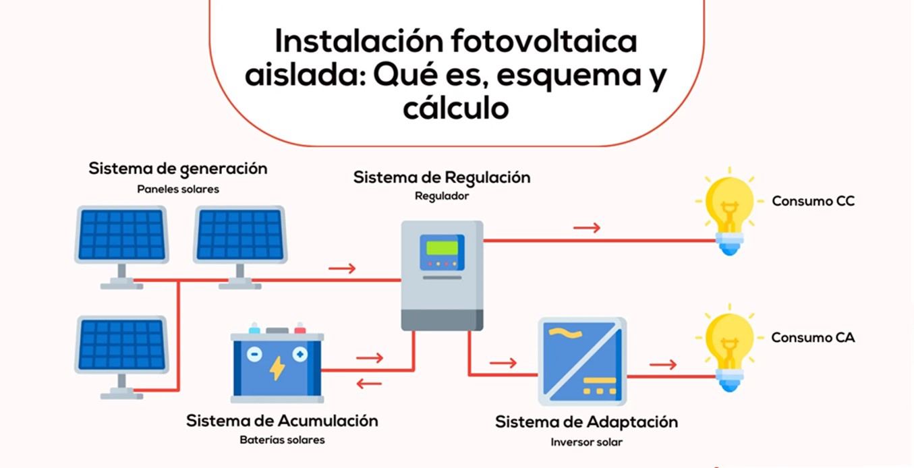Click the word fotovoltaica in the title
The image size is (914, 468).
544,41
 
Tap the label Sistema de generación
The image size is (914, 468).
178,169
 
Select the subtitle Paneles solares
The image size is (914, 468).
178,189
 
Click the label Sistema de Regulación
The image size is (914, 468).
442,178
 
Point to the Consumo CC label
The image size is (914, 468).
813,201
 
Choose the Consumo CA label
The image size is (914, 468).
813,338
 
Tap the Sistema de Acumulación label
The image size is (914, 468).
283,421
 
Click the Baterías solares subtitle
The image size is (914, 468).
283,440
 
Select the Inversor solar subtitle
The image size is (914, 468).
587,442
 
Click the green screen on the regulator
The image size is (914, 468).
442,247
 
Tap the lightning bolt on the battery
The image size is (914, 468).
277,368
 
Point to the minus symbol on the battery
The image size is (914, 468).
254,354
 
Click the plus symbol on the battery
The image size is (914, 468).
300,354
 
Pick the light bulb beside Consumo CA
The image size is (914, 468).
730,349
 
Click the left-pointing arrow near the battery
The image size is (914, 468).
369,384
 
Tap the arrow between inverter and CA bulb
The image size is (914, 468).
663,364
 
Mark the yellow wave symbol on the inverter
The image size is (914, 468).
565,333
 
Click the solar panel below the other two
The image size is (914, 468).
121,357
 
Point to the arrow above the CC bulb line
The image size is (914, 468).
587,227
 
